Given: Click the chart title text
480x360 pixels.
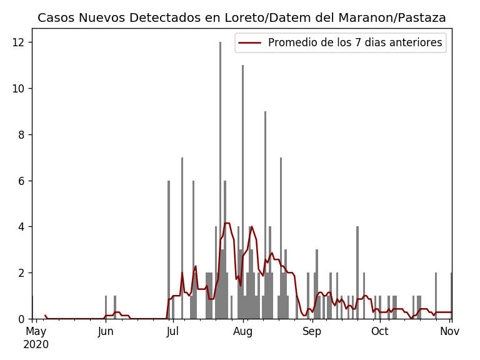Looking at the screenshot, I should [x=241, y=17].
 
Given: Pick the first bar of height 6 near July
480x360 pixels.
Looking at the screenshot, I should [x=169, y=250].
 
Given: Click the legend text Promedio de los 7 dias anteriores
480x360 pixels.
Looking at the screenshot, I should [x=354, y=43].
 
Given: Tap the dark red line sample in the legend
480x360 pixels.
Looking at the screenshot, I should [x=251, y=43].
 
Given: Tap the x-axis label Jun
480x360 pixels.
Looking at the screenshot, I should [x=106, y=332].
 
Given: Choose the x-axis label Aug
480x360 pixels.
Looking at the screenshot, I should [x=242, y=332].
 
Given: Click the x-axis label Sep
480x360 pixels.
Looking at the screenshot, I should [x=312, y=332].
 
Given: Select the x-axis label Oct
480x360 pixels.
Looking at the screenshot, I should [x=379, y=332].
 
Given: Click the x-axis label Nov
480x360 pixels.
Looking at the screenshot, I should [x=449, y=332].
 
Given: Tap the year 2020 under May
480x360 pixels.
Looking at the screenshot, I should [x=36, y=344].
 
